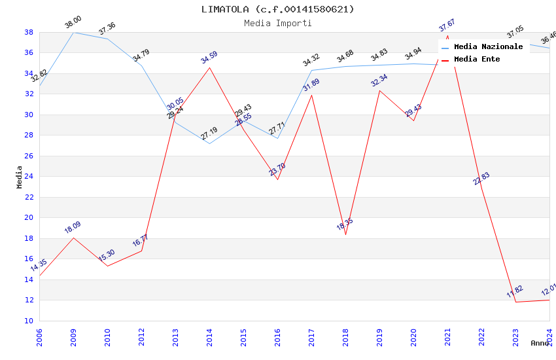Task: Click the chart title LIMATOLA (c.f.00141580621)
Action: coord(278,9)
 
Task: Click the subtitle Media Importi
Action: coord(278,23)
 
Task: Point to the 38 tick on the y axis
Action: coord(29,32)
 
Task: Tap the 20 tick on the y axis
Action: coord(29,217)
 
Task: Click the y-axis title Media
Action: coord(20,177)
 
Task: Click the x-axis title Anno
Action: coord(540,343)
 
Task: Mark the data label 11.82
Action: coord(515,291)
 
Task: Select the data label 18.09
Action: coord(73,227)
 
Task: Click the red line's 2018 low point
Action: coord(345,234)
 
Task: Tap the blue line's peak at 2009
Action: coord(73,32)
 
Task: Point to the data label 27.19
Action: coord(209,134)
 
